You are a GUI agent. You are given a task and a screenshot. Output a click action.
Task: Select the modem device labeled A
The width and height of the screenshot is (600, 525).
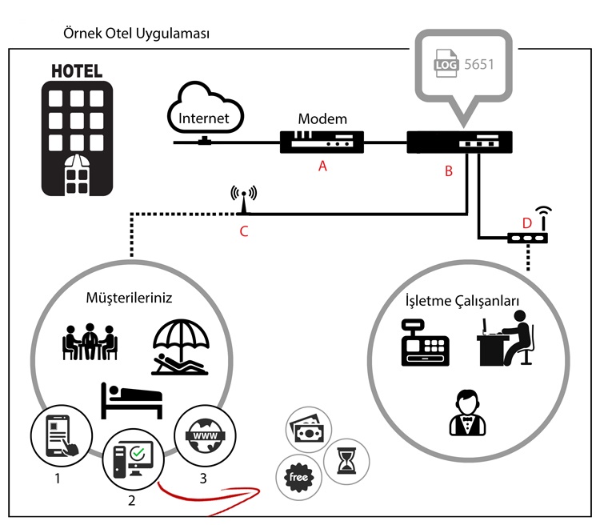322,142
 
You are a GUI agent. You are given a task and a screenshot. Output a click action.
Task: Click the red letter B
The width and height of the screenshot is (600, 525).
449,170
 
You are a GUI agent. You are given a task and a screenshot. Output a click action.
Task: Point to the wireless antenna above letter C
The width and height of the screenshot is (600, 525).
243,201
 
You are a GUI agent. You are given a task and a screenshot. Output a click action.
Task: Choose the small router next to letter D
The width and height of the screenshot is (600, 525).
527,237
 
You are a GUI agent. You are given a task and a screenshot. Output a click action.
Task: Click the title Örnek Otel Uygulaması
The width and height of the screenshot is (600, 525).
136,34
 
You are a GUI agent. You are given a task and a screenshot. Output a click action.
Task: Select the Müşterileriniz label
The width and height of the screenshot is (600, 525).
129,298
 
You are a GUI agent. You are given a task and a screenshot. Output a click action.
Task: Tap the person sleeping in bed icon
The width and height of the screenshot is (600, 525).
131,399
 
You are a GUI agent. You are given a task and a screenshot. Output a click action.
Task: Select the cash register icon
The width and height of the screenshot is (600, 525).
424,343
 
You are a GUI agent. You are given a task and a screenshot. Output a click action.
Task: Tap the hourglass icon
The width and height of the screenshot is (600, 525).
346,461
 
